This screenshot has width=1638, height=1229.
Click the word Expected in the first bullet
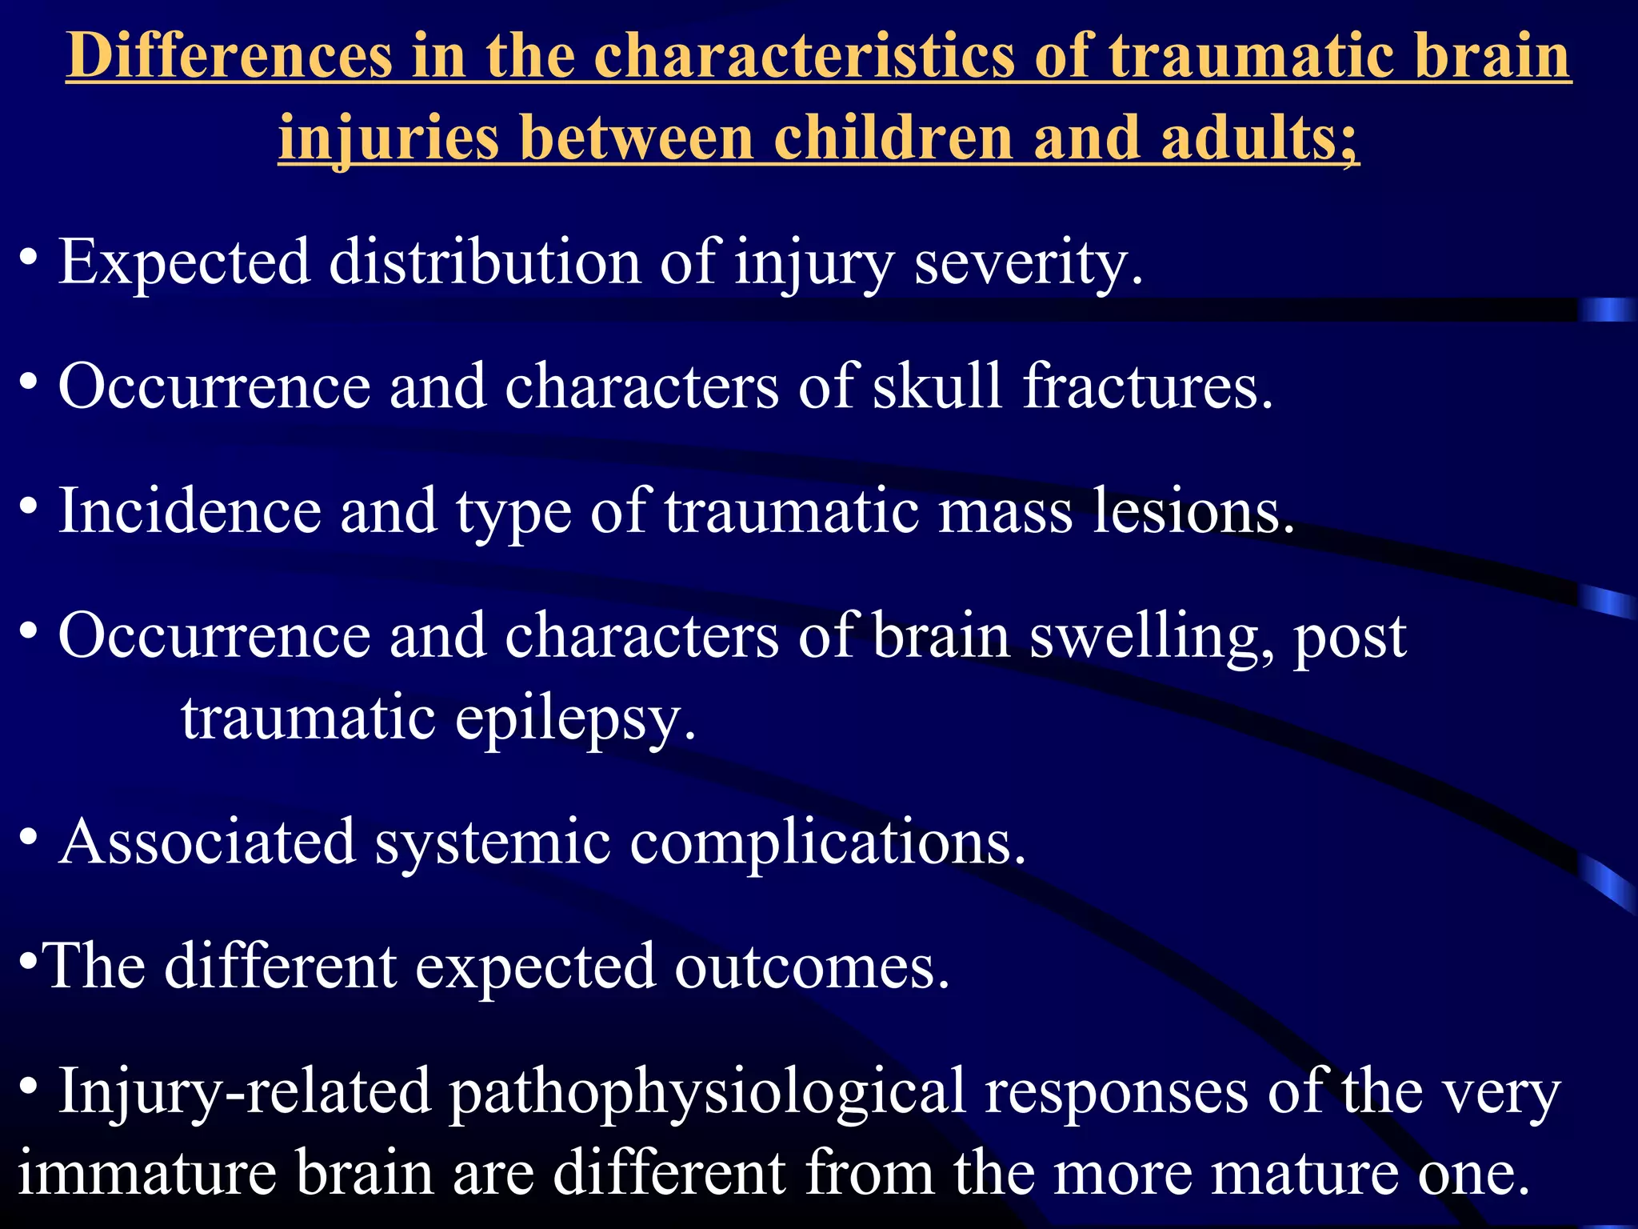click(184, 262)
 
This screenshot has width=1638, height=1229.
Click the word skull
click(937, 386)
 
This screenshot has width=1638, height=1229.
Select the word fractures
click(1148, 386)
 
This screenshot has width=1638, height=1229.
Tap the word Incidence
click(190, 511)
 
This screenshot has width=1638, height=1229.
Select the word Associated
click(207, 842)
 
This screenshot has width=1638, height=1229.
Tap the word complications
click(828, 843)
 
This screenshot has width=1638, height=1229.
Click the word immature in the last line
click(147, 1173)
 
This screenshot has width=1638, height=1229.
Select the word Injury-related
click(244, 1093)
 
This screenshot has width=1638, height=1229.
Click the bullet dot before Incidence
click(29, 506)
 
